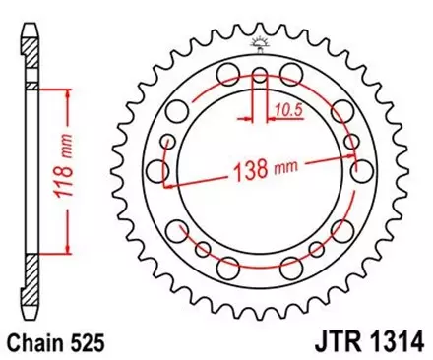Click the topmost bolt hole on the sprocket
pos(260,75)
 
